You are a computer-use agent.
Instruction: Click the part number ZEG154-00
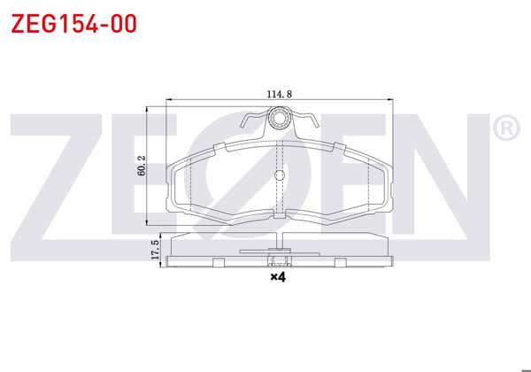coord(73,24)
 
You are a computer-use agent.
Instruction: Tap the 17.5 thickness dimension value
coord(155,250)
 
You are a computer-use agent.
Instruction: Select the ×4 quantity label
coord(278,277)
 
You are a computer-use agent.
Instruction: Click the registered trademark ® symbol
coord(504,129)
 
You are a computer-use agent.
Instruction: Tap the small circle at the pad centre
coord(280,174)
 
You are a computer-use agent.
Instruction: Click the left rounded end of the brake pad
coord(174,182)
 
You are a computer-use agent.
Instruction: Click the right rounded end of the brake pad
coord(386,182)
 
